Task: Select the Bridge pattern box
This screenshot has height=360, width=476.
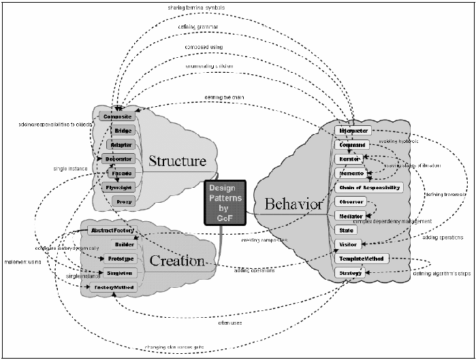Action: click(x=123, y=130)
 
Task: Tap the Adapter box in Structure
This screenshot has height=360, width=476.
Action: click(x=122, y=144)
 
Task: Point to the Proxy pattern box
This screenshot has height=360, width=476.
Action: click(x=123, y=202)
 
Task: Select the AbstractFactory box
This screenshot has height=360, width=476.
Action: click(x=111, y=231)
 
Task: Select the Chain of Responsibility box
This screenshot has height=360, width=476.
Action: click(x=368, y=187)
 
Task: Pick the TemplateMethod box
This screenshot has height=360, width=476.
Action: click(x=362, y=259)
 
